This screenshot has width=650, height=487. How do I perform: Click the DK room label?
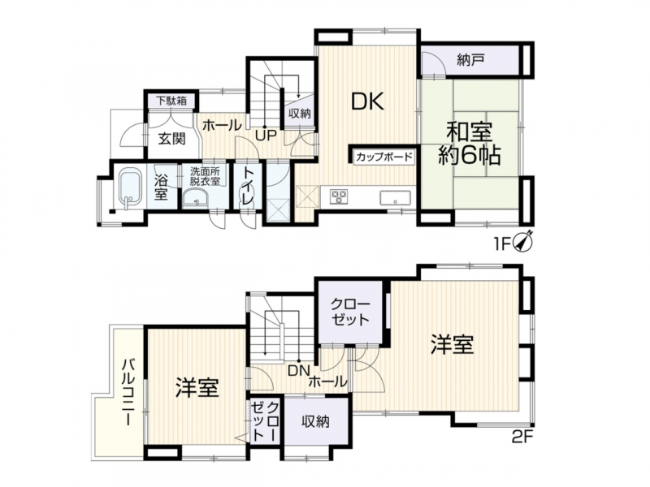pos(367,101)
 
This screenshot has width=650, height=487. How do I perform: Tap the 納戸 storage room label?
pos(470,60)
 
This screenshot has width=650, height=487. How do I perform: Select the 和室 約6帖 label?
pos(470,144)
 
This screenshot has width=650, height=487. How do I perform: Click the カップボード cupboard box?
pos(383,157)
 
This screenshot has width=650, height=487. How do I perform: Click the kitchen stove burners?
pos(339,196)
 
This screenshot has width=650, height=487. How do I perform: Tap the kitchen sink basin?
pos(395,197)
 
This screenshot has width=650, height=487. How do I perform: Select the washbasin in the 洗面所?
pos(196,198)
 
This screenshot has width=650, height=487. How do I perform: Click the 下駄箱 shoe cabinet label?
pos(171,100)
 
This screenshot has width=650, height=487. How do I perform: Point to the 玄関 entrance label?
pos(171,139)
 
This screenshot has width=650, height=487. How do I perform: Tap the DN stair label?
pos(299,370)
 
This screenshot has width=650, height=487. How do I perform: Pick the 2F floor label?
pos(521,437)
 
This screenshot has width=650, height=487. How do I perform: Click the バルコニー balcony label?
pos(128,393)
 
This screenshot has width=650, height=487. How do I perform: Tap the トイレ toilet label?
pos(248,187)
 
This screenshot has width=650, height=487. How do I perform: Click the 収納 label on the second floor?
pos(316,421)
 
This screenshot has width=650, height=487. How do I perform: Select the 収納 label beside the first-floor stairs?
pos(299,114)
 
